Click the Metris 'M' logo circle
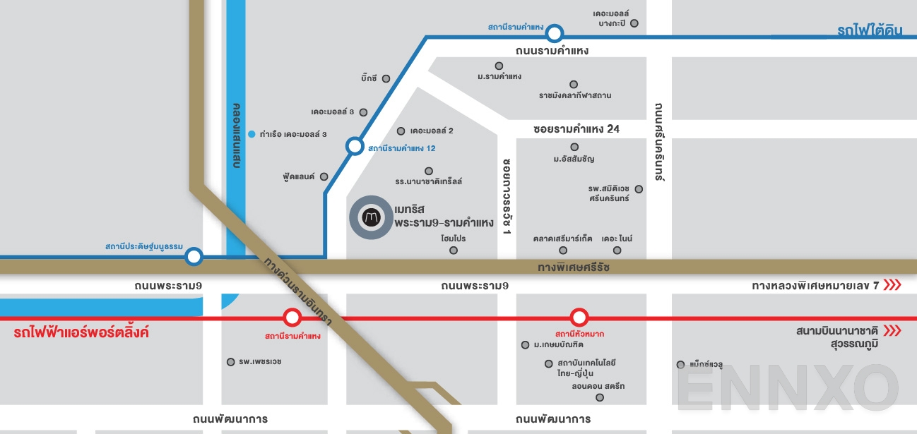click(x=371, y=218)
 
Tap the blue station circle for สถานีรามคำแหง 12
click(x=354, y=147)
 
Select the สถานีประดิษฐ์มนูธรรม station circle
click(x=194, y=257)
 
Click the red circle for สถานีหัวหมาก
click(x=579, y=318)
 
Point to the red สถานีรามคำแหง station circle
click(x=291, y=318)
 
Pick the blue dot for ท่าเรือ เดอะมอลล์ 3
click(x=252, y=133)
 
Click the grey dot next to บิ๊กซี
click(x=386, y=78)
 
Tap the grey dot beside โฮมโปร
click(x=454, y=250)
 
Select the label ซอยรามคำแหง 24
click(x=576, y=129)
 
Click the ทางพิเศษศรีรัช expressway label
click(x=573, y=267)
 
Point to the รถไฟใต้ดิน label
click(x=870, y=30)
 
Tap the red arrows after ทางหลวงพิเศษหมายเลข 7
click(x=892, y=285)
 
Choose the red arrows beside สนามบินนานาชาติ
click(x=892, y=330)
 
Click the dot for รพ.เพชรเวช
click(x=230, y=362)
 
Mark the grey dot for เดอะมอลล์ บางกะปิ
click(x=634, y=23)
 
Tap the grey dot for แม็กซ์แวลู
click(x=680, y=365)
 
